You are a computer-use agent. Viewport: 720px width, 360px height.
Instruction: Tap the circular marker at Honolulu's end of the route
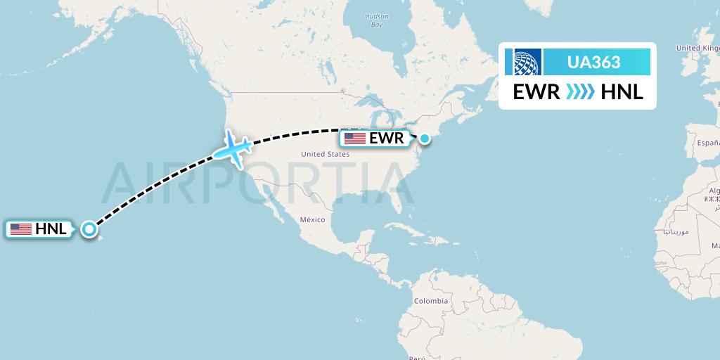click(x=89, y=229)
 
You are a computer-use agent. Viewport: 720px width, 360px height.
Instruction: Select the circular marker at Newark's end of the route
click(x=425, y=138)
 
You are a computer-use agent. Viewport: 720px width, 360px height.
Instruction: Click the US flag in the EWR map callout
click(x=354, y=139)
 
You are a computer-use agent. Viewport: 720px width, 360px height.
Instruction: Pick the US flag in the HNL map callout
click(x=21, y=229)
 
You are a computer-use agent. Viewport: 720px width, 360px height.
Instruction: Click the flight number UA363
click(x=593, y=62)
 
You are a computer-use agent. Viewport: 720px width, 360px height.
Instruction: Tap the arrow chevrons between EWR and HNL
click(x=579, y=91)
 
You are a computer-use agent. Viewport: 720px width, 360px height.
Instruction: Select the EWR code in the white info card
click(x=536, y=91)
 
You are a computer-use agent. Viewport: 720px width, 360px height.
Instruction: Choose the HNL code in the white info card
click(x=622, y=91)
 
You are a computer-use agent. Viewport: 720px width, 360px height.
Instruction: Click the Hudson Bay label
click(x=377, y=20)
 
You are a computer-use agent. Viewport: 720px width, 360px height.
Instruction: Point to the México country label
click(x=313, y=219)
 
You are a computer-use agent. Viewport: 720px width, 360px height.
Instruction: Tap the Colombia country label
click(x=430, y=300)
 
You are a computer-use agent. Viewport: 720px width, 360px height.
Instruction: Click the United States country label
click(x=325, y=153)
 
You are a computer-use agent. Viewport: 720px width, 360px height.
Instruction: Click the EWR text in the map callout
click(x=386, y=139)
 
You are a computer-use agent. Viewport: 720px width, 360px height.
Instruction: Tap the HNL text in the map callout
click(x=51, y=229)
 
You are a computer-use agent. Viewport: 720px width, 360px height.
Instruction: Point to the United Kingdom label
click(x=697, y=48)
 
